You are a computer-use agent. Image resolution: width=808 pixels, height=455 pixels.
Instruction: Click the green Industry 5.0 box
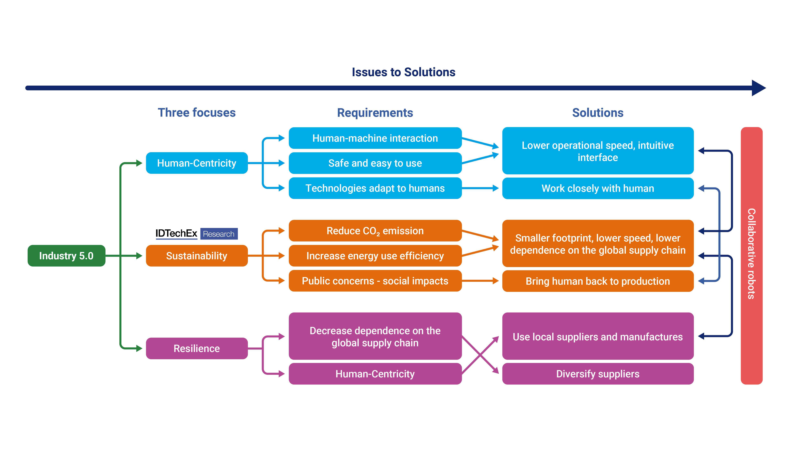(x=66, y=256)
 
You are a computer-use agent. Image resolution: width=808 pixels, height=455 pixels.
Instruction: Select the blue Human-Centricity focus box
(x=197, y=163)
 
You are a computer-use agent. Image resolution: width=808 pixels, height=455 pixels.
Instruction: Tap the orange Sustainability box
(x=197, y=256)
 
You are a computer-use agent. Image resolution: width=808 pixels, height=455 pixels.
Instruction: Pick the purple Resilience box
(x=197, y=348)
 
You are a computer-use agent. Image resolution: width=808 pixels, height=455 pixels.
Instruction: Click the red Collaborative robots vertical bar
(x=752, y=256)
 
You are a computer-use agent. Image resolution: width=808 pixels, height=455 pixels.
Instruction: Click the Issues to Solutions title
(x=403, y=72)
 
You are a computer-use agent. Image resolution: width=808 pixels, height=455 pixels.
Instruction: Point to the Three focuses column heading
(x=197, y=112)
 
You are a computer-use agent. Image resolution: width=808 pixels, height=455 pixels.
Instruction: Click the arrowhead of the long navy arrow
(x=758, y=88)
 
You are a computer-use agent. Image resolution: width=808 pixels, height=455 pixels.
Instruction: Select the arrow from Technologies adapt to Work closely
(x=480, y=188)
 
